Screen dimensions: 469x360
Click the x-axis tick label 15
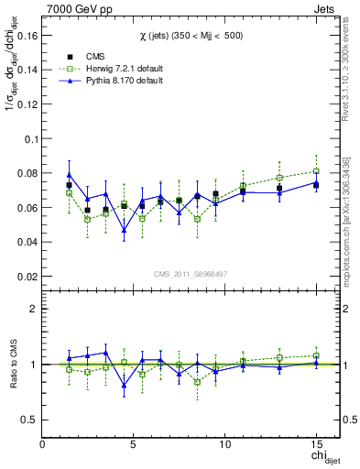[316, 444]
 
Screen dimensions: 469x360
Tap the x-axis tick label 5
[134, 444]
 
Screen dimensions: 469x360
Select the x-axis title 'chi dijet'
[319, 457]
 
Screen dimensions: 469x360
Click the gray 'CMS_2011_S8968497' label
[191, 274]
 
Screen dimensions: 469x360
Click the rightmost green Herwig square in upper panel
[316, 171]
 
